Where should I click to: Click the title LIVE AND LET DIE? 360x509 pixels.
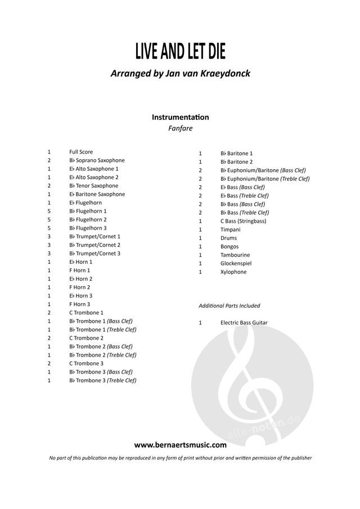(180, 51)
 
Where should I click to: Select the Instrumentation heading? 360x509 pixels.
(180, 117)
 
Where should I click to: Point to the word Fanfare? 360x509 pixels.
(180, 129)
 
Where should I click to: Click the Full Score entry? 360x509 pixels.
(81, 152)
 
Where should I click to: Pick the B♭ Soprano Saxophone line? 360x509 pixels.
(97, 160)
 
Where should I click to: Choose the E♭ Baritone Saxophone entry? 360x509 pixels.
(97, 194)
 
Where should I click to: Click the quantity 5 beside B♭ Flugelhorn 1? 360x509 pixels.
(49, 211)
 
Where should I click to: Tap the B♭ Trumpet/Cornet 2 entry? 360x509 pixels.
(94, 245)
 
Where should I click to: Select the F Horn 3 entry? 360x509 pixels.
(80, 304)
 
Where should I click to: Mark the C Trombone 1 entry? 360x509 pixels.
(86, 313)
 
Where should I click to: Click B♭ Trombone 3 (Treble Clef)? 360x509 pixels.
(102, 380)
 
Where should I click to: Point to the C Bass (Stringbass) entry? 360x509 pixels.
(243, 221)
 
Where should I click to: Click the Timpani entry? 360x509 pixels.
(230, 229)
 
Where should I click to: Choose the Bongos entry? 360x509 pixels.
(229, 246)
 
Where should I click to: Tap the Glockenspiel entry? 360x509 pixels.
(235, 263)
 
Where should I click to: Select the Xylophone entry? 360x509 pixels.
(233, 272)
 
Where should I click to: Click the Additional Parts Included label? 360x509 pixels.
(229, 306)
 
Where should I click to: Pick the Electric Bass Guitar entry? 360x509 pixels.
(244, 323)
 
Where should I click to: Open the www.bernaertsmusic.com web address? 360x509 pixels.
(180, 445)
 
